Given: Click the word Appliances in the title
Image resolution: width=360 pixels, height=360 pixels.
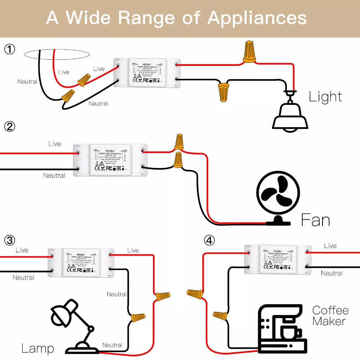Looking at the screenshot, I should (257, 18).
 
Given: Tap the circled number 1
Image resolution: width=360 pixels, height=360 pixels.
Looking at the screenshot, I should (10, 49).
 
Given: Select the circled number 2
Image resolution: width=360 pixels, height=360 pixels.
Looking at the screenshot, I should (10, 126).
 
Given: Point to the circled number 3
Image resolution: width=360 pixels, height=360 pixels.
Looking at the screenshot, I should (10, 240).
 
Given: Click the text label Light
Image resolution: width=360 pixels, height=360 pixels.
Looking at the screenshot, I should (325, 96).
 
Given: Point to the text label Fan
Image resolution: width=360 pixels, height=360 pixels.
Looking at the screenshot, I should (315, 220).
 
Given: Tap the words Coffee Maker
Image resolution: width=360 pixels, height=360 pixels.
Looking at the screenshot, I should (330, 315).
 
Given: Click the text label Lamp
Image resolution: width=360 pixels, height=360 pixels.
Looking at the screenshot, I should (37, 348).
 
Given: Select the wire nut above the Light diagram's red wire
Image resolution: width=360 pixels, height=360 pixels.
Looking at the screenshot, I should (249, 51).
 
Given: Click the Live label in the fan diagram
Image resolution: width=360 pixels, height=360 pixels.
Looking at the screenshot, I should (55, 144).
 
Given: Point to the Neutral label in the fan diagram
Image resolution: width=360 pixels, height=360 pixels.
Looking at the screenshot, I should (54, 176).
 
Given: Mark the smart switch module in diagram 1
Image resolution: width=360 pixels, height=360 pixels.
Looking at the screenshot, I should (147, 72).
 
